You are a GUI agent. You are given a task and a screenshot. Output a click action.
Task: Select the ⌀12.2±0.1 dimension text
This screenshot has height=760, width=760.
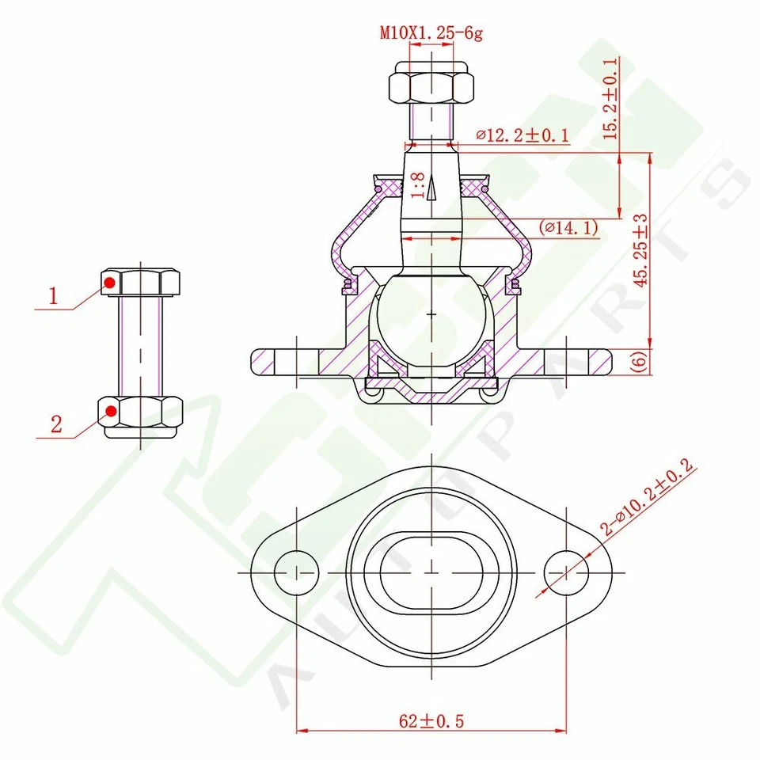pyautogui.click(x=522, y=135)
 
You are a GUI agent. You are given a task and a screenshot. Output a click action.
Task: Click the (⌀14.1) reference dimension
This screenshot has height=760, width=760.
pyautogui.click(x=568, y=228)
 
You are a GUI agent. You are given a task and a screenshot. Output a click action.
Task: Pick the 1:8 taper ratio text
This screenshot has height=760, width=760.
pyautogui.click(x=420, y=184)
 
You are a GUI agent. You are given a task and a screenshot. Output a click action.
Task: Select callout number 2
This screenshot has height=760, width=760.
pyautogui.click(x=55, y=424)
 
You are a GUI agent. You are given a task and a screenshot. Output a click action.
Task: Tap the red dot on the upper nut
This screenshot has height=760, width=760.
pyautogui.click(x=111, y=282)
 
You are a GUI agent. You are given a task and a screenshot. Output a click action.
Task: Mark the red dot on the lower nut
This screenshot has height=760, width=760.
pyautogui.click(x=112, y=411)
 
